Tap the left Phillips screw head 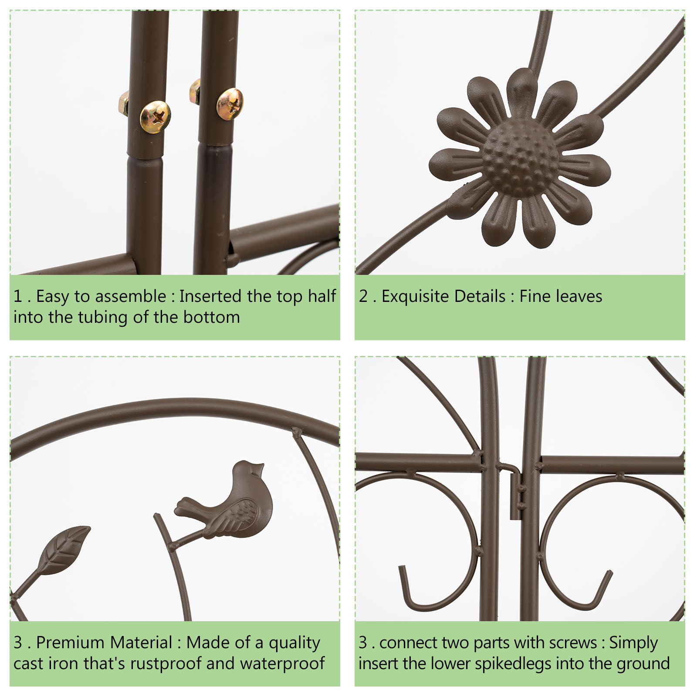[155, 116]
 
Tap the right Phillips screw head [230, 104]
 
